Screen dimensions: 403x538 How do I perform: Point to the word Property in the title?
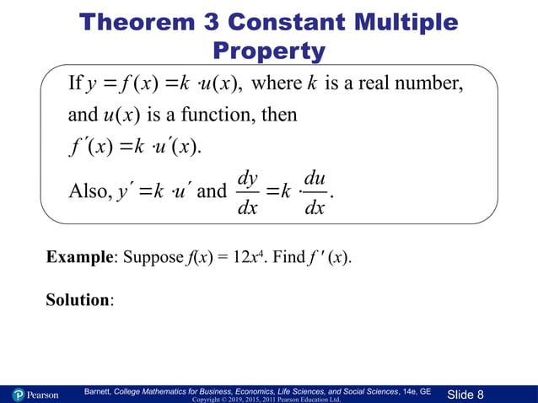pyautogui.click(x=269, y=51)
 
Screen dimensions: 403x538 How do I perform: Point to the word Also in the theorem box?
pyautogui.click(x=87, y=191)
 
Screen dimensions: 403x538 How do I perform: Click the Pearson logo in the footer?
pyautogui.click(x=35, y=395)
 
